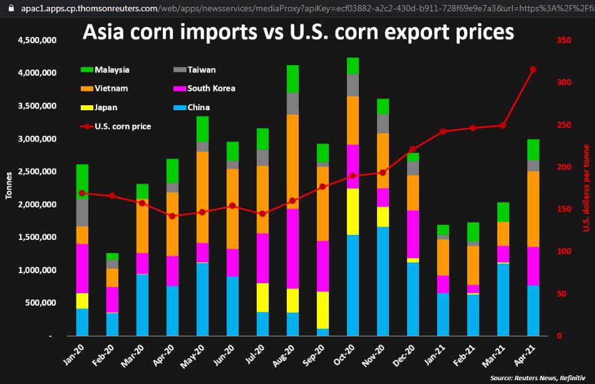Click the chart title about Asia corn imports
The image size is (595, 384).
pyautogui.click(x=298, y=33)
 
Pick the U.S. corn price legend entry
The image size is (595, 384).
pyautogui.click(x=122, y=127)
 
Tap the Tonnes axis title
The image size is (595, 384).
pyautogui.click(x=9, y=185)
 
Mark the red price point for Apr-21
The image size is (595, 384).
pyautogui.click(x=533, y=70)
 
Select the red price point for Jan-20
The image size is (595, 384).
pyautogui.click(x=82, y=193)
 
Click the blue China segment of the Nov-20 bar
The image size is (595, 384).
pyautogui.click(x=383, y=281)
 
